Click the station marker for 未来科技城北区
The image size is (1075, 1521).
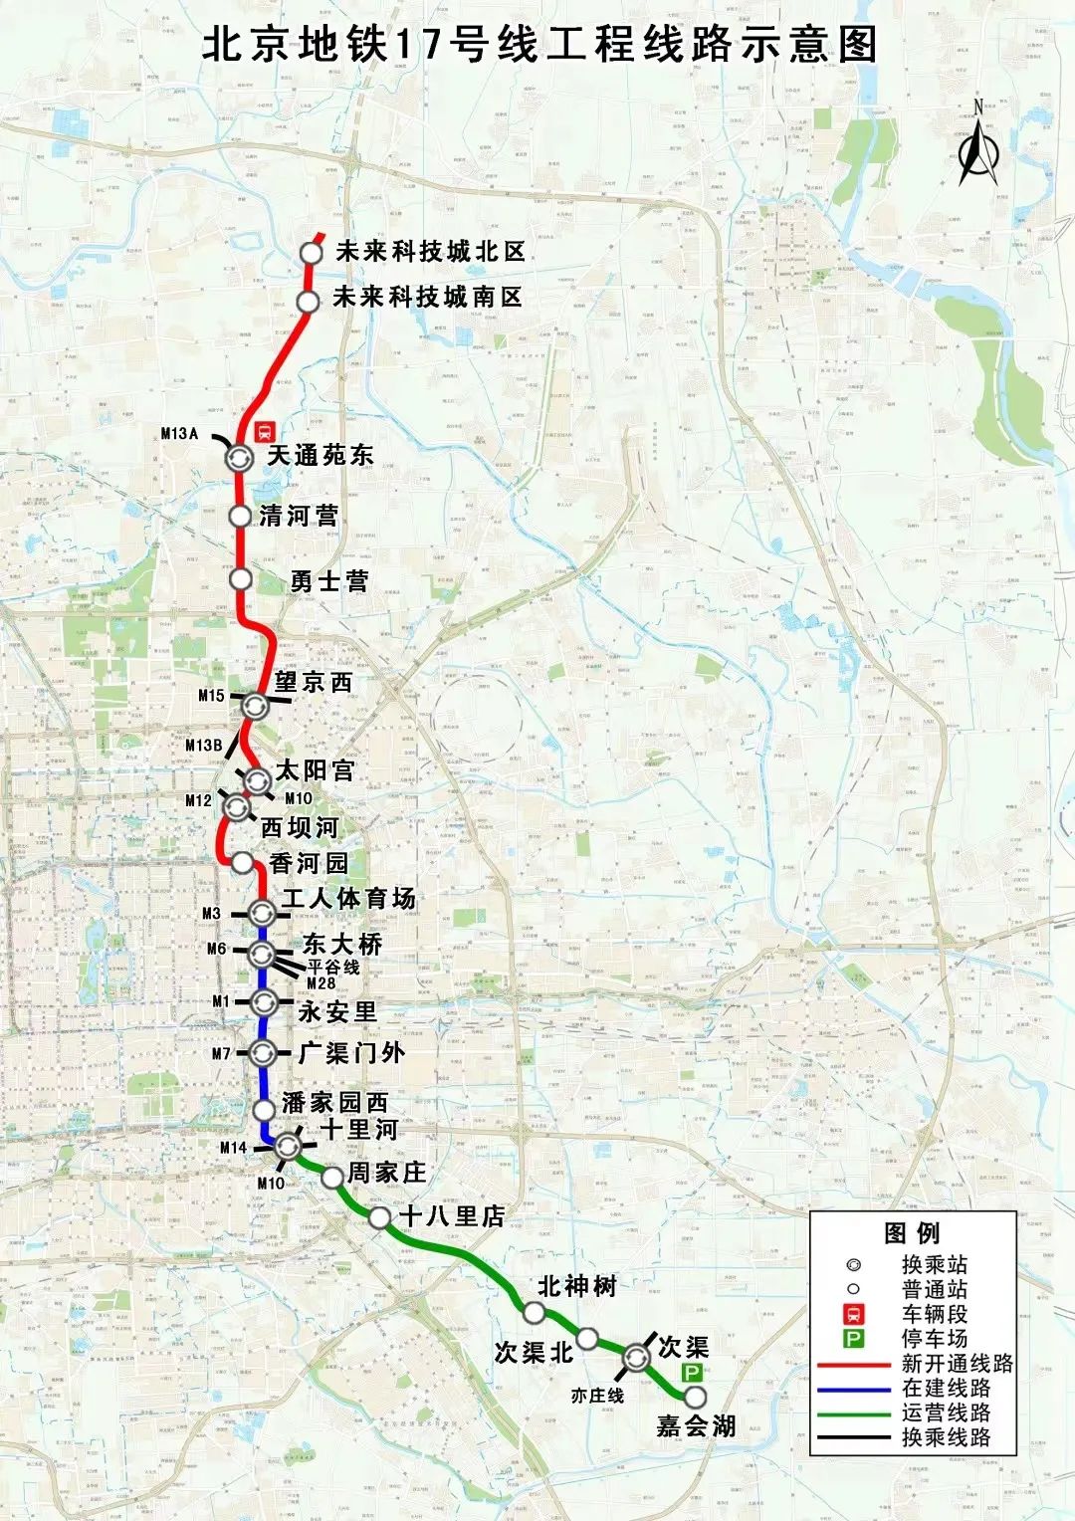[312, 253]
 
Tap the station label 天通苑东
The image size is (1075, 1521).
[320, 456]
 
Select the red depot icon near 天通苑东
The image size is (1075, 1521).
[265, 431]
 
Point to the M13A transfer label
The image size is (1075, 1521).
[180, 433]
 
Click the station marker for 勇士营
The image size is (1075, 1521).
[240, 578]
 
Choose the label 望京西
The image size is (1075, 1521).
[315, 682]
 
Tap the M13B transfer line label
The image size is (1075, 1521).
[203, 745]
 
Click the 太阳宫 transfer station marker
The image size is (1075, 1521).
[257, 780]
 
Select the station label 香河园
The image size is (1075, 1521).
[309, 863]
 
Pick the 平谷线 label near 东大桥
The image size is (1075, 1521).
[333, 967]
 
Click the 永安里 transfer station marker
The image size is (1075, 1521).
[263, 1001]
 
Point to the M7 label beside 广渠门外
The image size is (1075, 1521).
[221, 1053]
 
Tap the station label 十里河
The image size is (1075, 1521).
[359, 1129]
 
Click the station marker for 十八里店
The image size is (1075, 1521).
[379, 1218]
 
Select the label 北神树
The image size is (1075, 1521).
[576, 1286]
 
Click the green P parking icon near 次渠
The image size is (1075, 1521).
[692, 1372]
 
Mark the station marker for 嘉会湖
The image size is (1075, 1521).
[695, 1398]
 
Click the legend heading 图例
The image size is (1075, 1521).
[911, 1233]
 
